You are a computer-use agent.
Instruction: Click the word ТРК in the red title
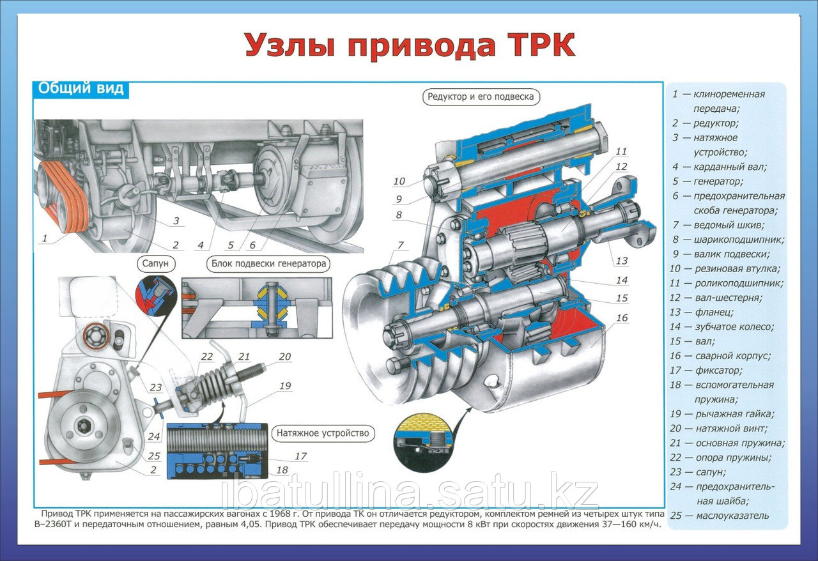tap(539, 45)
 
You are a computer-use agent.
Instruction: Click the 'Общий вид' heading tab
tap(81, 89)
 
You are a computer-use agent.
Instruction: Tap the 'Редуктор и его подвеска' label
tap(481, 96)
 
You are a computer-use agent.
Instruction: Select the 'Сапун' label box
tap(155, 263)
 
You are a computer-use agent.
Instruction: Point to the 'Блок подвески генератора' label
tap(269, 263)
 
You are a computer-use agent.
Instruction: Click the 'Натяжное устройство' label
tap(323, 434)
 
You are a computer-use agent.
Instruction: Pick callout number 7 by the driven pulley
tap(401, 245)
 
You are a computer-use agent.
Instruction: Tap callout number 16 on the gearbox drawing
tap(622, 318)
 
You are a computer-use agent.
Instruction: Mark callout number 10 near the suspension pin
tap(399, 181)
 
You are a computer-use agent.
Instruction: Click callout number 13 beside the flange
tap(622, 261)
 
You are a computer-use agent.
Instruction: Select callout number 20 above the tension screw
tap(285, 357)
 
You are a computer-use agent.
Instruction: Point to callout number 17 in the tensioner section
tap(300, 456)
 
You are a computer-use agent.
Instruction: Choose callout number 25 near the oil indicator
tap(154, 456)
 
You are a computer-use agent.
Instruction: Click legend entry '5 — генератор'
tap(707, 181)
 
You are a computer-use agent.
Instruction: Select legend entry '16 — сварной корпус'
tap(720, 356)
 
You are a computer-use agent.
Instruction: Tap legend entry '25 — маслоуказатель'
tap(720, 516)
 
